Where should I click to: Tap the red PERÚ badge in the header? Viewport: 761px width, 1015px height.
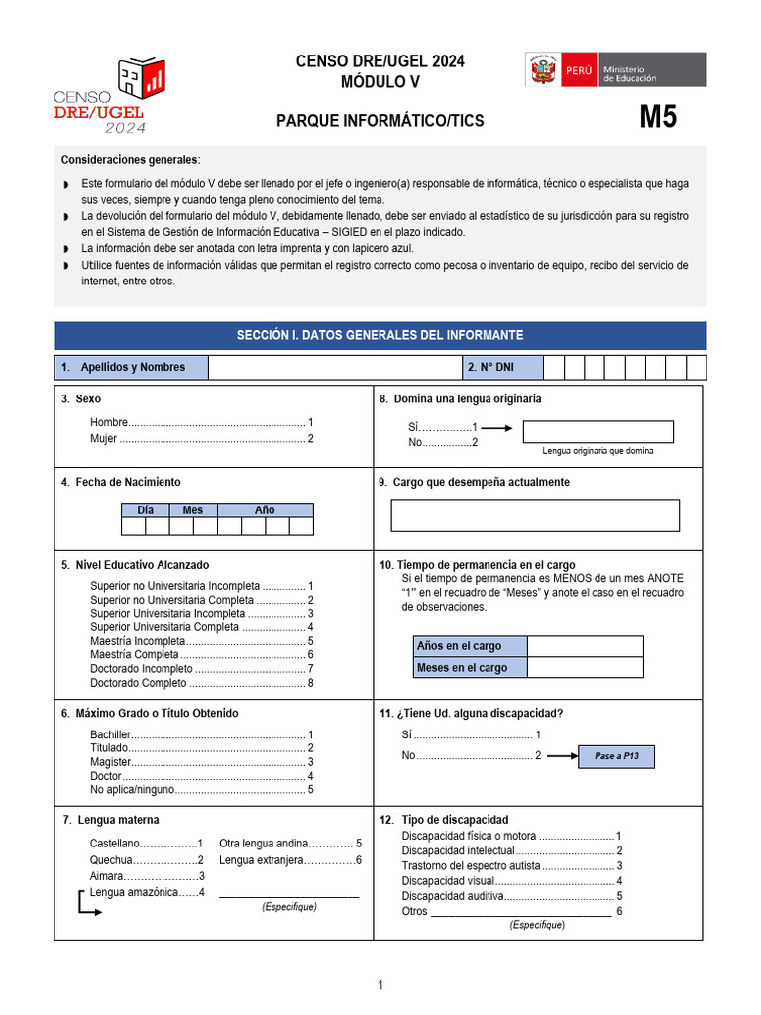(579, 71)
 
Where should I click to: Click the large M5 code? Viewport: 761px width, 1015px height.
(658, 118)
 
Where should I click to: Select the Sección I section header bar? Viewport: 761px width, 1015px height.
(380, 335)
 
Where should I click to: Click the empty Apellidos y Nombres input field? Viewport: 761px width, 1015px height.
(334, 367)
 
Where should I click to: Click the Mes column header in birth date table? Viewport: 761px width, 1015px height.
(193, 510)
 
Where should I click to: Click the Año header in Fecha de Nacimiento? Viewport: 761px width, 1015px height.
(265, 510)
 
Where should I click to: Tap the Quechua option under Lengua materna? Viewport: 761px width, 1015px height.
(147, 860)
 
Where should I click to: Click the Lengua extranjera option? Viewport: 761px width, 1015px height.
(289, 860)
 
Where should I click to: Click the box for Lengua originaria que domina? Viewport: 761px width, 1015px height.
(598, 432)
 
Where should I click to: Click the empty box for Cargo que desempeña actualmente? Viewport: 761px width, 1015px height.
(535, 515)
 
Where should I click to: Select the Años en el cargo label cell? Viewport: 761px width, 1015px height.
(471, 646)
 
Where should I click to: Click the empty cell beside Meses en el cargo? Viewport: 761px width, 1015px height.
(585, 668)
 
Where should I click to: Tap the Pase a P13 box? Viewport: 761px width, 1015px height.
(616, 756)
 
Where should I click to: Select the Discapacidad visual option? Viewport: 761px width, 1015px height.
(511, 880)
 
